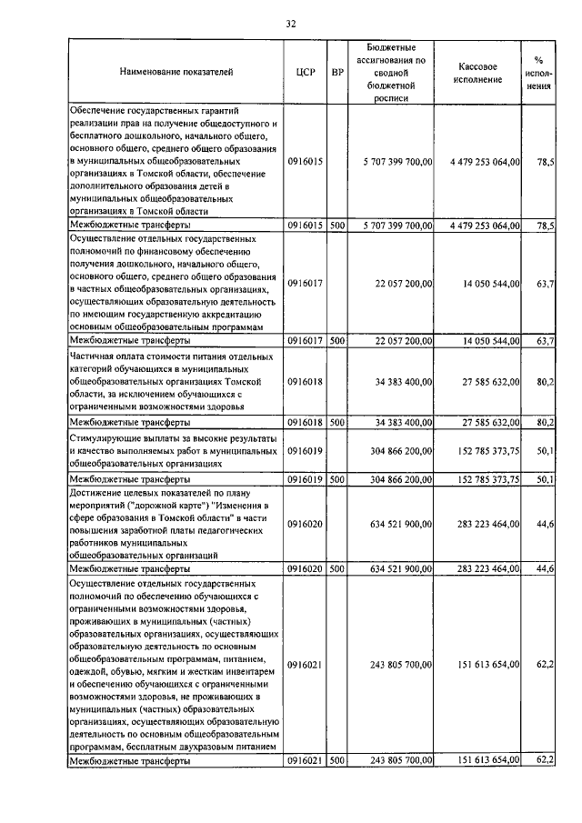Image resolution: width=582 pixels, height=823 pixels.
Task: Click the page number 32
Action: click(290, 24)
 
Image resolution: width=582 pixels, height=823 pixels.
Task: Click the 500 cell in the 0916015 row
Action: click(336, 224)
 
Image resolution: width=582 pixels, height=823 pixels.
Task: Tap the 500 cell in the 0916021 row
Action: click(336, 759)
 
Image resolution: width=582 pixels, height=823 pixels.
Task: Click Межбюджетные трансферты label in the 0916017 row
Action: click(130, 340)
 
